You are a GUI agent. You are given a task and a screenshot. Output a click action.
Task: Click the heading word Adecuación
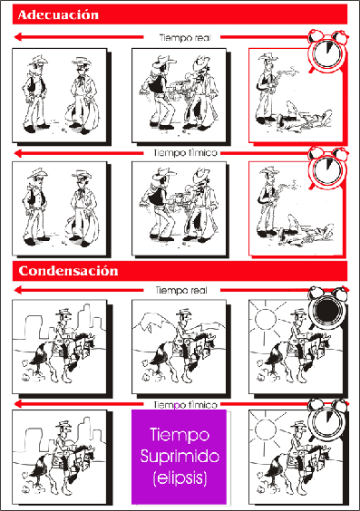click(58, 15)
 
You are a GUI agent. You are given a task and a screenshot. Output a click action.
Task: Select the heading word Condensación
click(68, 271)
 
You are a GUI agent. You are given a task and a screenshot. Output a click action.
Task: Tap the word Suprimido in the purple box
click(180, 457)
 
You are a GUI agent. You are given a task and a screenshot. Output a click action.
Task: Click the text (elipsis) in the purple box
click(180, 478)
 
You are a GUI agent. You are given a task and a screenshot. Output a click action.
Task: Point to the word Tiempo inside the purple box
click(180, 435)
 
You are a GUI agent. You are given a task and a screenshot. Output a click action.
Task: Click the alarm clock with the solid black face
click(327, 308)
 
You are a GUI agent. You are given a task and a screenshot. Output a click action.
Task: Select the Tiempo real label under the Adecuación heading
click(185, 37)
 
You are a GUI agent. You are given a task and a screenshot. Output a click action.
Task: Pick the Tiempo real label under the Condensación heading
click(181, 290)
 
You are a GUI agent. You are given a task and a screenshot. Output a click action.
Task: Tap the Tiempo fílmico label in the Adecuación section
click(185, 153)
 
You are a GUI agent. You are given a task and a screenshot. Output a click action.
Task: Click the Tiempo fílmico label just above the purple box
click(185, 405)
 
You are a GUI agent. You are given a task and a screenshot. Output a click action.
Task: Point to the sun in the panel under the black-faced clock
click(265, 319)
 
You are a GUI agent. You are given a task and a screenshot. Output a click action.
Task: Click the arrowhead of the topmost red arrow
click(18, 37)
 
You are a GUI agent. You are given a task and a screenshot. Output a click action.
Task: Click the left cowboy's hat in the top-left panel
click(38, 60)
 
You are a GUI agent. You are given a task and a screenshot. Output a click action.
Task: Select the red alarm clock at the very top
click(327, 51)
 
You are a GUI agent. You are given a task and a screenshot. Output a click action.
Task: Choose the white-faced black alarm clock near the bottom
click(327, 419)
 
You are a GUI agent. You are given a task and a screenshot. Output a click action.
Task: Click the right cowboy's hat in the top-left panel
click(82, 62)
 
